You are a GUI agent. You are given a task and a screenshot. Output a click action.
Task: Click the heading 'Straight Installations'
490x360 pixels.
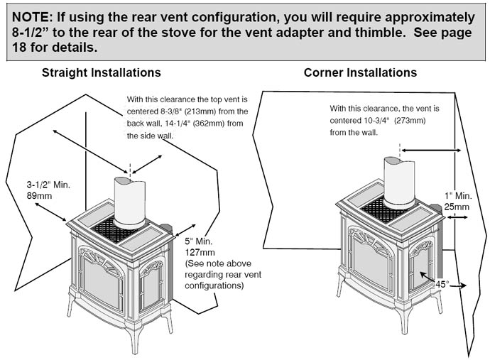101,72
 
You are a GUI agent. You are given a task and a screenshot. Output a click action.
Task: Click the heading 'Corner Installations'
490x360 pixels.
360,72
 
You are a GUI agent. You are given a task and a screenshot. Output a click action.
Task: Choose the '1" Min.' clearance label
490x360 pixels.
454,195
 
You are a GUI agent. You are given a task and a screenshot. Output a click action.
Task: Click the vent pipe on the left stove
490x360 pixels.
129,202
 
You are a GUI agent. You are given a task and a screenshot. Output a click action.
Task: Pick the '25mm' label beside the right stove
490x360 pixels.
457,207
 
